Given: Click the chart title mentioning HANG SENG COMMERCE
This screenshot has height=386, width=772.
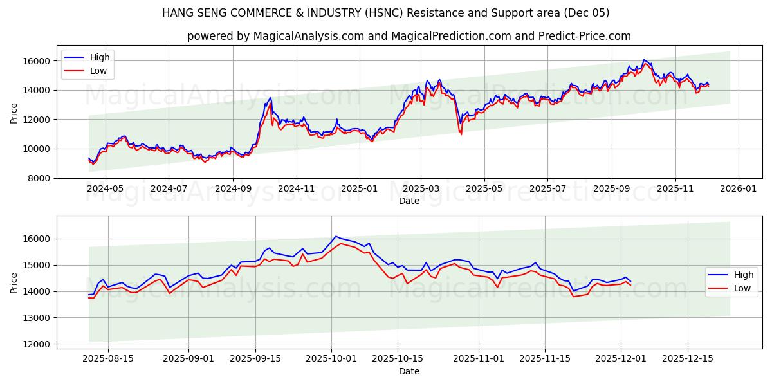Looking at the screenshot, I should [386, 13].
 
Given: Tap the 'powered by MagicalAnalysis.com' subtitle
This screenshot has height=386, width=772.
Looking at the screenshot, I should [409, 36].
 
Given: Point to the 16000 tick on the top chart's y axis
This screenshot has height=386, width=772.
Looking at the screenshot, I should [38, 61].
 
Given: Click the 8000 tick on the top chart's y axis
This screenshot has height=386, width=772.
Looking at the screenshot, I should [41, 178].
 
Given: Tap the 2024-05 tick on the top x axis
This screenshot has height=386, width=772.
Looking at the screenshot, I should [105, 188].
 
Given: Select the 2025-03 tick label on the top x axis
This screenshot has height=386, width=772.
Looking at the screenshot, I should [421, 188].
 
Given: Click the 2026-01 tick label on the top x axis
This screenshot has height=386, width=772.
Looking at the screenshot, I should [738, 188].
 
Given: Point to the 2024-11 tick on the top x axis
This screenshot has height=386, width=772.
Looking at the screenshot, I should [296, 188].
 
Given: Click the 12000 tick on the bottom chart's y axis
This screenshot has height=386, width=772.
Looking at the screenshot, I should [38, 344].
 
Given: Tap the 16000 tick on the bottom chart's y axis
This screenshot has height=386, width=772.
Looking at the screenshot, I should [38, 239].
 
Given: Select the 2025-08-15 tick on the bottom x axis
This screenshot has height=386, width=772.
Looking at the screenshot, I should [107, 359].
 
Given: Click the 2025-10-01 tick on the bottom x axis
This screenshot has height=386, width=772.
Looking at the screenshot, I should [332, 359].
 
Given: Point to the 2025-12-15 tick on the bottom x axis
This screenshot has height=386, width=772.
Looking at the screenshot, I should [688, 359].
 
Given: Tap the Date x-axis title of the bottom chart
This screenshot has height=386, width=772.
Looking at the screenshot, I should [409, 371].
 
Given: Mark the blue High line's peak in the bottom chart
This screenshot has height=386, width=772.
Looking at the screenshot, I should [336, 236].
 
